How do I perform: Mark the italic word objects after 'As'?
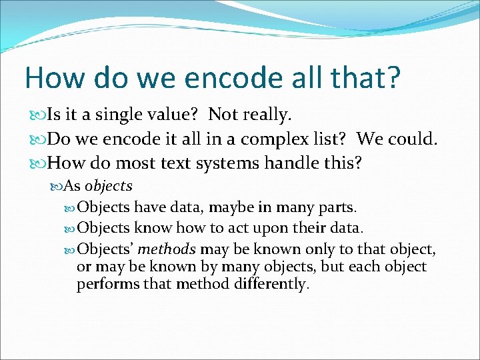[109, 186]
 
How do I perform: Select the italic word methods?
[167, 249]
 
